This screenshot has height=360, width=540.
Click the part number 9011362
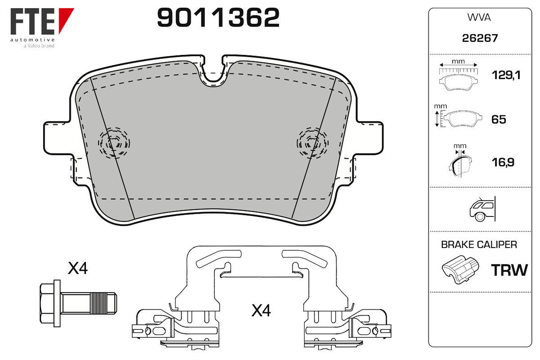tap(218, 18)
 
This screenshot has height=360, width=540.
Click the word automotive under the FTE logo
tap(32, 40)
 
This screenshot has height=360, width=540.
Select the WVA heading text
tap(479, 18)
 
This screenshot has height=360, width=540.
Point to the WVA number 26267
tap(480, 38)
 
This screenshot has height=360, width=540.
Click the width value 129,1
tap(506, 75)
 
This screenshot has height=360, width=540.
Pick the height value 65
tap(499, 119)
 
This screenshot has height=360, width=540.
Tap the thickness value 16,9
tap(503, 162)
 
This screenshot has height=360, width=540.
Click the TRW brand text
tap(509, 270)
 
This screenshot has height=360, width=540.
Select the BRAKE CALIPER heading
tap(479, 244)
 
